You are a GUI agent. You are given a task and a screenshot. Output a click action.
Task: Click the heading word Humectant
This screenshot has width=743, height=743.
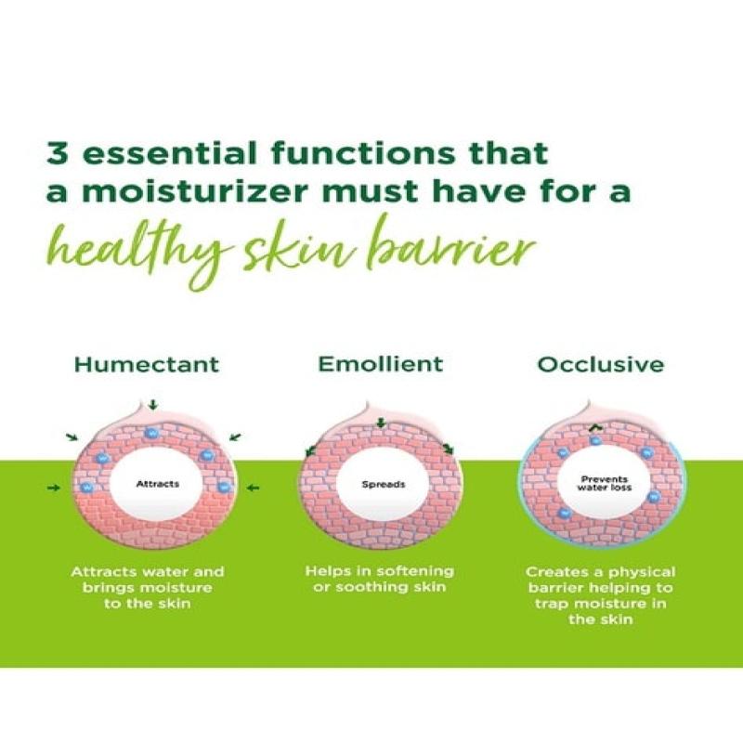[147, 365]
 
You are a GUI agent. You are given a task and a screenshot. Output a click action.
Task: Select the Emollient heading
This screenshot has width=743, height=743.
[381, 364]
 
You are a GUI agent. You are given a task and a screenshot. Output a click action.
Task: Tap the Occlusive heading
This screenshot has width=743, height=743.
[600, 364]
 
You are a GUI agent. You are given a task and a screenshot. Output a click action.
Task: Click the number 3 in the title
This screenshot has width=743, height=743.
[59, 153]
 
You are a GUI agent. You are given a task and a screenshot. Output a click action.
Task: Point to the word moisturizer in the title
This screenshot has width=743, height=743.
[195, 191]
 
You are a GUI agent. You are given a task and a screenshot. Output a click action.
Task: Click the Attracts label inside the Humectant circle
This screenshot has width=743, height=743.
[158, 484]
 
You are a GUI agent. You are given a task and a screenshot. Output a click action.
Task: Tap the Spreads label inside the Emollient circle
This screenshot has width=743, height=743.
[384, 484]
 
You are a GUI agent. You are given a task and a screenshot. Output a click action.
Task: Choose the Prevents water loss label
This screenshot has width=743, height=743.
[605, 483]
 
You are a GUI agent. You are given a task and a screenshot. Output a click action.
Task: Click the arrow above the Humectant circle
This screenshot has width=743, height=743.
[152, 405]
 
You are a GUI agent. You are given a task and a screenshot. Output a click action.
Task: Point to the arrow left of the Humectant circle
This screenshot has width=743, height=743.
[55, 487]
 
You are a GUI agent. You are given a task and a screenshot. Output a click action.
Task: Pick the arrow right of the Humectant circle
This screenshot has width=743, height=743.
[254, 487]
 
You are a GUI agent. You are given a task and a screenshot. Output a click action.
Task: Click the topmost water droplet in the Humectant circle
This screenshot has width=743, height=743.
[151, 433]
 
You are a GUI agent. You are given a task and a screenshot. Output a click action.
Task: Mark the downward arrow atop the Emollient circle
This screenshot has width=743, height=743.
[380, 423]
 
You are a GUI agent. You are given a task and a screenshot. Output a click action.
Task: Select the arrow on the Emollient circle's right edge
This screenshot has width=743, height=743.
[448, 450]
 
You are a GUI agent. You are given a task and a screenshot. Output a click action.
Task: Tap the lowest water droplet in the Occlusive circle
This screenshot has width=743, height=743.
[564, 513]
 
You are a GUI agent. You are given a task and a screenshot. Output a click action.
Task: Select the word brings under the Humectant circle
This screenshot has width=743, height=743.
[109, 589]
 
